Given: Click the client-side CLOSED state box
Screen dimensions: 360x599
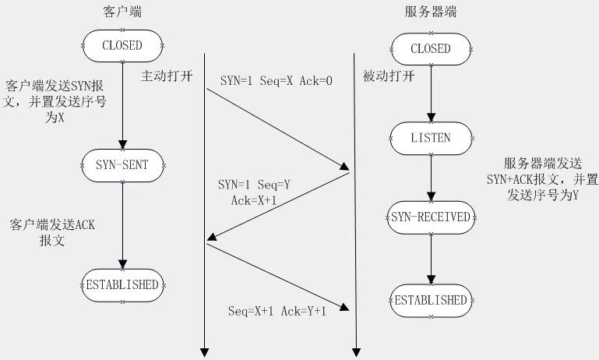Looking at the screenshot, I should coord(122,45).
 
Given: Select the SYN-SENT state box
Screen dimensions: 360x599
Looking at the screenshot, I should coord(122,164).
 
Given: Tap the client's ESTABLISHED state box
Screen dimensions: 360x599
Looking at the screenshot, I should coord(122,284).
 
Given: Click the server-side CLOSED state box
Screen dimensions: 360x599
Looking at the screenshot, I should coord(431,48).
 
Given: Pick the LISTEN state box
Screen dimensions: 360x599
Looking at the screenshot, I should coord(431,138).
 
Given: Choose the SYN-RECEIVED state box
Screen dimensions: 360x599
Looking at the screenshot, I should coord(431,217).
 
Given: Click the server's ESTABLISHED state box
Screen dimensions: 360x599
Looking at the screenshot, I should coord(431,300).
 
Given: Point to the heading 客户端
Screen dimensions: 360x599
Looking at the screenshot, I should coord(122,13).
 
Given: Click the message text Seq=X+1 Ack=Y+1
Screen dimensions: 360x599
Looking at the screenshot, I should coord(277,311).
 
